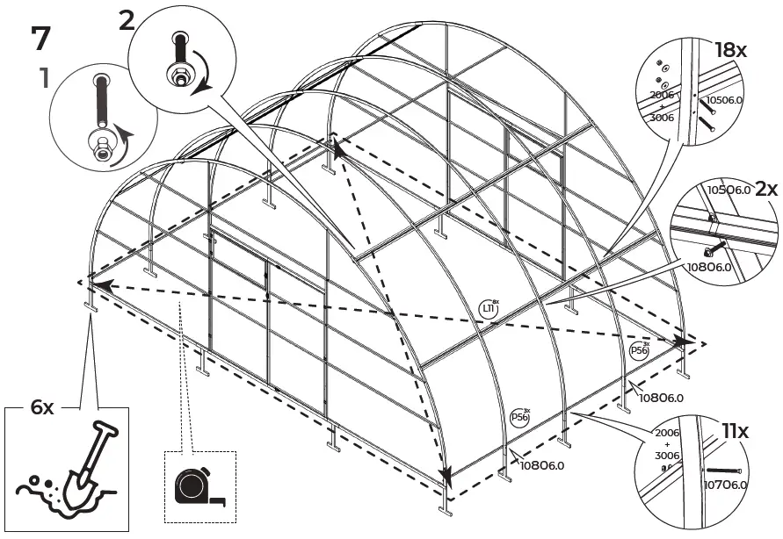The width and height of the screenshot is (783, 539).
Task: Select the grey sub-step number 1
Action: coord(41,79)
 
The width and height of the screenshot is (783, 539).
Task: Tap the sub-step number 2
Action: coord(127,19)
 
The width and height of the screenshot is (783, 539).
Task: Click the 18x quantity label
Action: coord(729,49)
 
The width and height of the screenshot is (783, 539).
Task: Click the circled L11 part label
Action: coord(489,308)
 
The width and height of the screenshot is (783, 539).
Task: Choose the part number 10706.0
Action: coord(725,483)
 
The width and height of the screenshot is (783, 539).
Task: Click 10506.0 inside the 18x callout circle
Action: coord(724,100)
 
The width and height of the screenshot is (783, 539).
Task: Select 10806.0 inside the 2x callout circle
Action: coord(708,267)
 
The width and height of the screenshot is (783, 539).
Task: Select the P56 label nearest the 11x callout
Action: coord(521,416)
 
